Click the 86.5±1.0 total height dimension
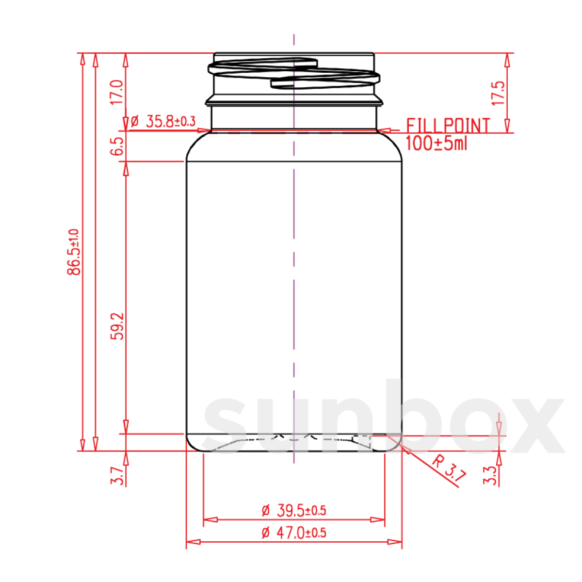74,252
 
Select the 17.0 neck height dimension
117,92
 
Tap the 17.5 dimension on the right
499,93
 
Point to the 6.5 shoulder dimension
117,146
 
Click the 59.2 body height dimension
117,326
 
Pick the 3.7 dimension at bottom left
117,476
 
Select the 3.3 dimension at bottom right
489,476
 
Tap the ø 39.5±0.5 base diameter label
294,510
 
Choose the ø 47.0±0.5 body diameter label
294,533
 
